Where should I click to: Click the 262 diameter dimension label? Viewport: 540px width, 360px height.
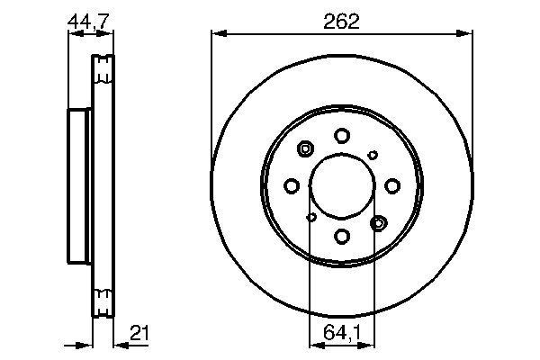pyautogui.click(x=342, y=22)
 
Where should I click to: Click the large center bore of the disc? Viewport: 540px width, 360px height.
pyautogui.click(x=342, y=185)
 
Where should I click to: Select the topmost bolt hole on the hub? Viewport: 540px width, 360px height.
pyautogui.click(x=342, y=135)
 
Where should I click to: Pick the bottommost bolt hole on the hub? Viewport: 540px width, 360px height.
pyautogui.click(x=342, y=236)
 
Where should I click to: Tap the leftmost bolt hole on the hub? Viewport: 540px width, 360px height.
pyautogui.click(x=291, y=185)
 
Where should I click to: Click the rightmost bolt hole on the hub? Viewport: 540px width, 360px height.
pyautogui.click(x=392, y=185)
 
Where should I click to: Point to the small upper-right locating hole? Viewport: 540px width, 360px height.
pyautogui.click(x=373, y=155)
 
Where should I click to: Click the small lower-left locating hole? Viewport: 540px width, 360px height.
pyautogui.click(x=311, y=217)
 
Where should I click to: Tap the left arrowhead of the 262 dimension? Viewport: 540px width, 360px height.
pyautogui.click(x=216, y=34)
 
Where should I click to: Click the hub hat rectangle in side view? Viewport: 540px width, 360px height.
pyautogui.click(x=80, y=185)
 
